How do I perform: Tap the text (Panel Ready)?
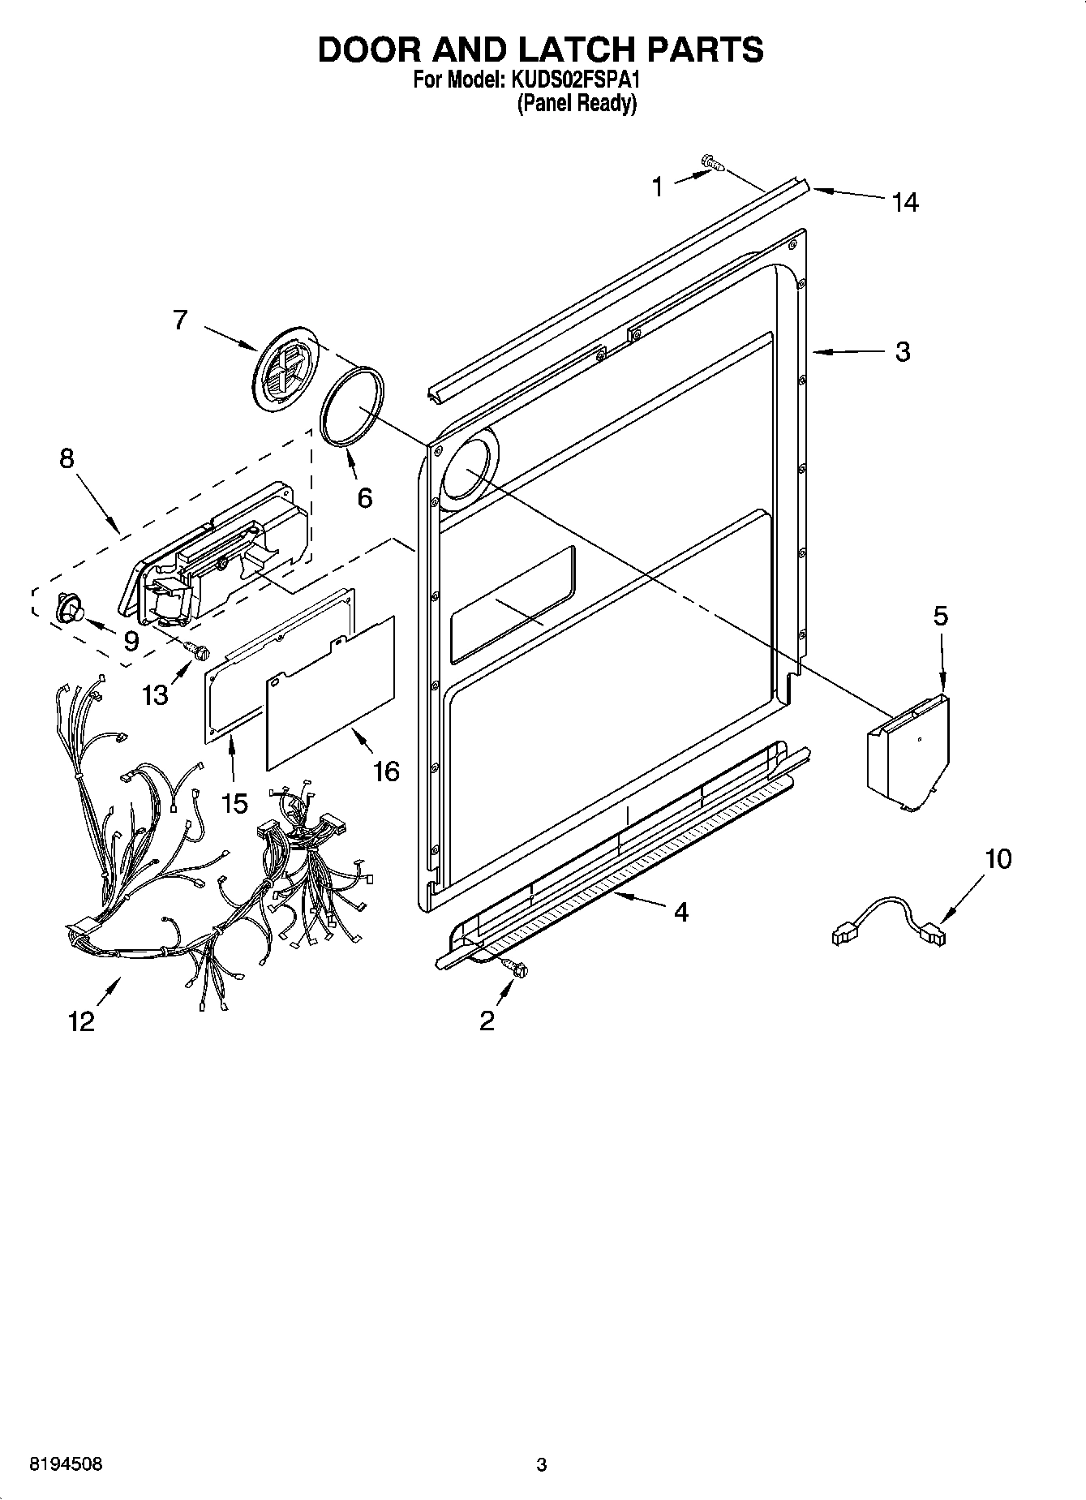pyautogui.click(x=577, y=104)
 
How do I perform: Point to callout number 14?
pyautogui.click(x=905, y=202)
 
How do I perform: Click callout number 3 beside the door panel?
pyautogui.click(x=903, y=352)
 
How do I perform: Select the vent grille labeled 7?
pyautogui.click(x=284, y=370)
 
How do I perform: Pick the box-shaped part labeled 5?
pyautogui.click(x=907, y=750)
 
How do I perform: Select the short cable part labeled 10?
pyautogui.click(x=889, y=921)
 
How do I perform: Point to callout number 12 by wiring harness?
pyautogui.click(x=82, y=1021)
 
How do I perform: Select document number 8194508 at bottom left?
pyautogui.click(x=66, y=1464)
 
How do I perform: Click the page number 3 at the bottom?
pyautogui.click(x=541, y=1464)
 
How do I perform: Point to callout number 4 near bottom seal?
pyautogui.click(x=681, y=913)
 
